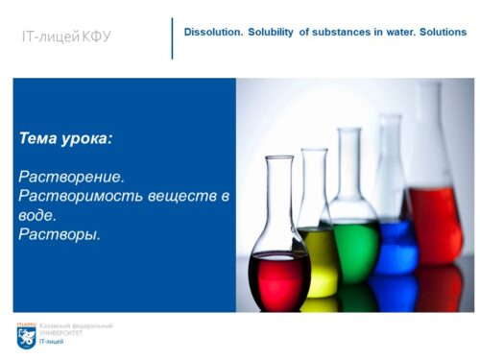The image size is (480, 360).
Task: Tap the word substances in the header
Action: point(334,33)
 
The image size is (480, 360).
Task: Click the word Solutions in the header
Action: point(441,33)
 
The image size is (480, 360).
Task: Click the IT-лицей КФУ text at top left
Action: point(66,37)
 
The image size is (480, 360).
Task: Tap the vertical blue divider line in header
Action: point(173,37)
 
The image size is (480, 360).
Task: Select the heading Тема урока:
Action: point(65,138)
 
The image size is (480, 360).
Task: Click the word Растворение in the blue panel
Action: point(71,178)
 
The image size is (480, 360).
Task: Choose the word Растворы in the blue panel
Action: point(59,233)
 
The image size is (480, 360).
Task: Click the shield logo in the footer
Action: point(26,336)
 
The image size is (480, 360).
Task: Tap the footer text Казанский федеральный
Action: point(75,325)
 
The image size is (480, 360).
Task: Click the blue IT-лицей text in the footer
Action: point(51,342)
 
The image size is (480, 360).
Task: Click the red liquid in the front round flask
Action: point(278,278)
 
